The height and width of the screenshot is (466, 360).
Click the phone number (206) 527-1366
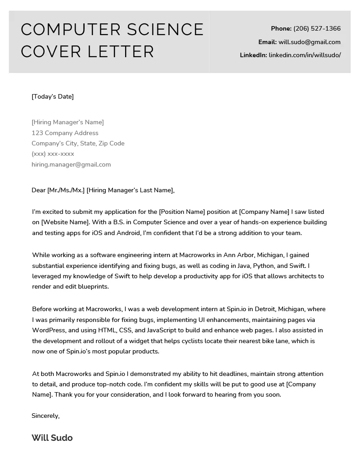tap(317, 28)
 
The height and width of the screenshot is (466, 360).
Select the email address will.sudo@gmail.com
tap(310, 42)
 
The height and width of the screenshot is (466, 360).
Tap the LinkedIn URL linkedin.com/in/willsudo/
tap(305, 55)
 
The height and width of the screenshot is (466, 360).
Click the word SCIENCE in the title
tap(165, 30)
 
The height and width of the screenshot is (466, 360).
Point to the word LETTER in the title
tap(120, 51)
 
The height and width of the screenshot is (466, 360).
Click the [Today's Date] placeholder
tap(53, 96)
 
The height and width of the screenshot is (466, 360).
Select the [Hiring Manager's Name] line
tap(67, 122)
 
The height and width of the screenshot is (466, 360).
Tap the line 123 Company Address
tap(65, 133)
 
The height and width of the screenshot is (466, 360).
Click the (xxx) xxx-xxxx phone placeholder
tap(53, 154)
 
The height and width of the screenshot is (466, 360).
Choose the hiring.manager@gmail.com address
tap(71, 164)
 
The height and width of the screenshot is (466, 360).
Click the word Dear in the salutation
tap(39, 190)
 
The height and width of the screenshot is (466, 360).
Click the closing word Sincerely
tap(45, 416)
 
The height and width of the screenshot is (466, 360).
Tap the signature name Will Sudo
tap(52, 438)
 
